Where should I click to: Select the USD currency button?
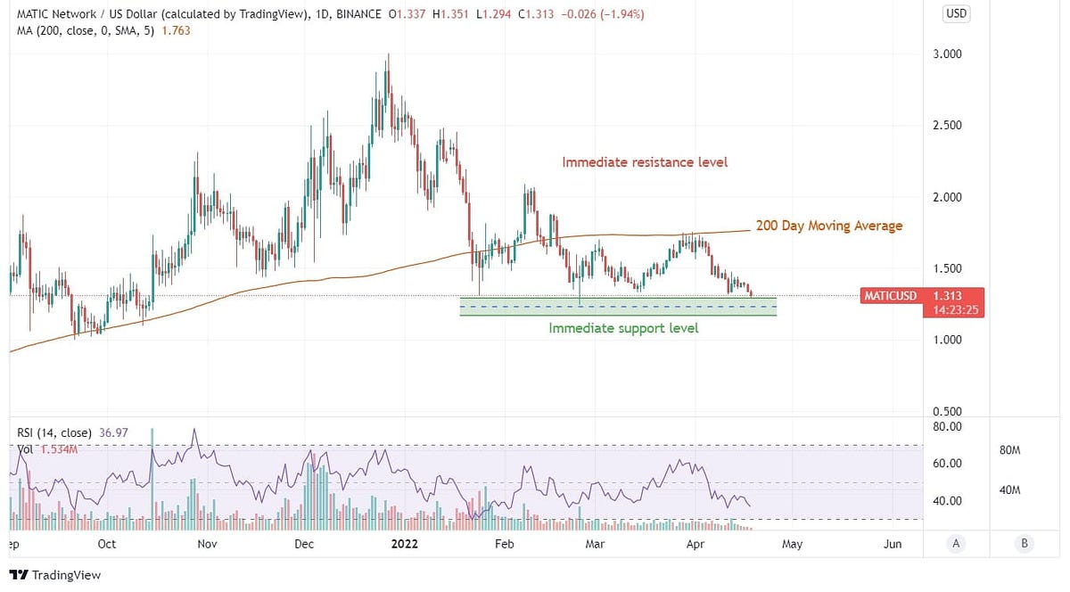click(957, 14)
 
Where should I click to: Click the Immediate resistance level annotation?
click(645, 162)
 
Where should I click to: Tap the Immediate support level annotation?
click(623, 328)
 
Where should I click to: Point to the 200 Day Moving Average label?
click(829, 226)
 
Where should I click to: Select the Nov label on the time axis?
click(207, 544)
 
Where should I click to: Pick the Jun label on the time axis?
click(893, 544)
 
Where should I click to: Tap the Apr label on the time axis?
click(696, 544)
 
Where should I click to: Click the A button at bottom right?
click(956, 544)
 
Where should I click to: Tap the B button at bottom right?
click(1024, 544)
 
